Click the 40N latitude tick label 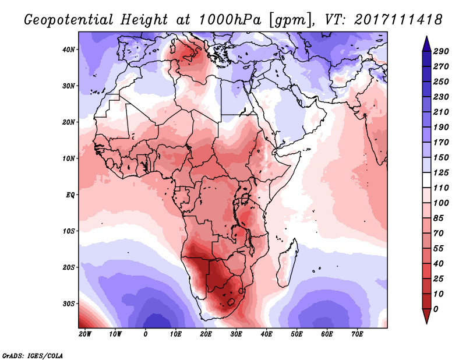pyautogui.click(x=69, y=50)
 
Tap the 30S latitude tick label pyautogui.click(x=69, y=303)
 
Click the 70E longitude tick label pyautogui.click(x=357, y=334)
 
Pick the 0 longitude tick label pyautogui.click(x=146, y=334)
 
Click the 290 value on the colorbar pyautogui.click(x=441, y=52)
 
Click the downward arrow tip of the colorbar pyautogui.click(x=426, y=322)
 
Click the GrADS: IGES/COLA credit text pyautogui.click(x=33, y=354)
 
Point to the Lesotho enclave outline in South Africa pyautogui.click(x=230, y=302)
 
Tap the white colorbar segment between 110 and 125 pyautogui.click(x=426, y=181)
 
